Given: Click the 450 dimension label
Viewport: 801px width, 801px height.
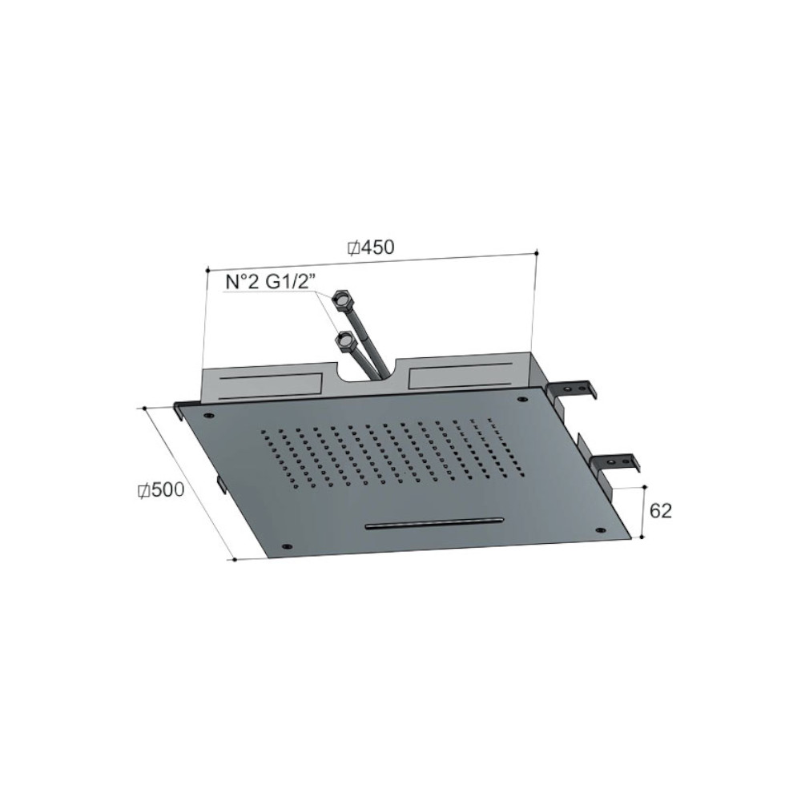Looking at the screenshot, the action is coord(378,248).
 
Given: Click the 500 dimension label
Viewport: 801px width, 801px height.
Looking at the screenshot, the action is coord(167,490).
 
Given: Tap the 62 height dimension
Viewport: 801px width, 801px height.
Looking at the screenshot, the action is coord(660,511).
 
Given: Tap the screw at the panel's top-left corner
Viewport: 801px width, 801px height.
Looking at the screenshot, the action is coord(209,416).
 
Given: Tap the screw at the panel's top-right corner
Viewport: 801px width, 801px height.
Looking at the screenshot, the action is coord(522,399).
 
